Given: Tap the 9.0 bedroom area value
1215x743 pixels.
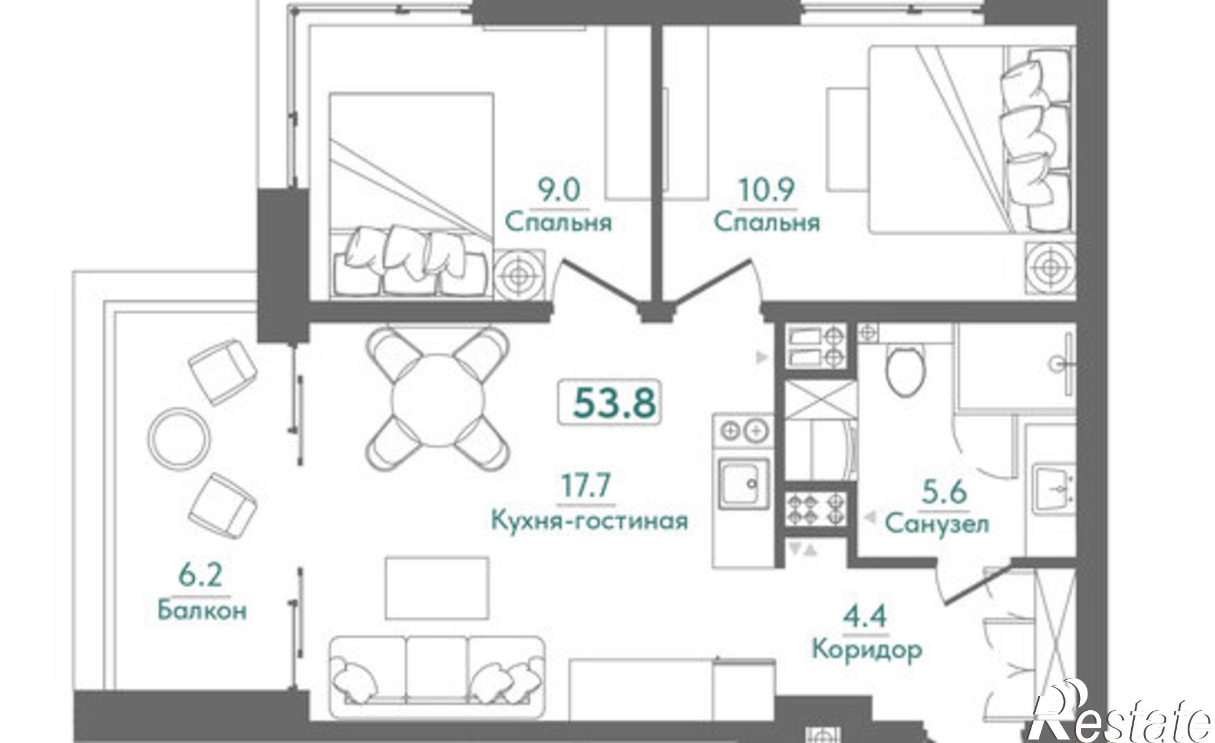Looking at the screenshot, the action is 560,190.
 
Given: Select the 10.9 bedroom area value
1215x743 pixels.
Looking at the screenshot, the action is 767,190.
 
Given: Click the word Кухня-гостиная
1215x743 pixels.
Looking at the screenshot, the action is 589,521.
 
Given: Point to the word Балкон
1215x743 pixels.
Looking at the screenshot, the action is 202,609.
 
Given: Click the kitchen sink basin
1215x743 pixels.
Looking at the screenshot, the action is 744,483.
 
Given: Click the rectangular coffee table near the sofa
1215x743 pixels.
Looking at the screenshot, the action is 437,589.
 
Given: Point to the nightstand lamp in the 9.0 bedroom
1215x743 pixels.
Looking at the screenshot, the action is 518,275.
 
